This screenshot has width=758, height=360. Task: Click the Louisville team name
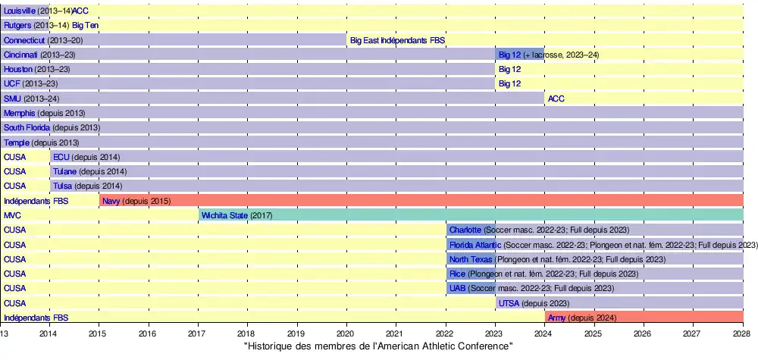19,11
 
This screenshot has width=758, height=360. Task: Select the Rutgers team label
17,25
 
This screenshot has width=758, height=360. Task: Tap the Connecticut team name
24,39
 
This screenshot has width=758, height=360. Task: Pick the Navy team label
111,201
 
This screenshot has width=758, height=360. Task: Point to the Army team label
556,318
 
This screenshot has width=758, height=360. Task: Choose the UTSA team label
509,303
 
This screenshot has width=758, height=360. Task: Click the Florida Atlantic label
475,245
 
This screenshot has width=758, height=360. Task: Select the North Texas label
471,259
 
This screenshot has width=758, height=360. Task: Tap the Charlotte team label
465,230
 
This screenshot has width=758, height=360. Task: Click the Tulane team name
64,171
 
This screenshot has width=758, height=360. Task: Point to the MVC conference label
12,215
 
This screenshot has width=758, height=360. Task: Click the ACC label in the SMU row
556,99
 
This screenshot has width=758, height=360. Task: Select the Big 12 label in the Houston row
509,69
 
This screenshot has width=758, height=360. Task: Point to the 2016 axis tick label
147,333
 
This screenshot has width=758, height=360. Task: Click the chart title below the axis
378,346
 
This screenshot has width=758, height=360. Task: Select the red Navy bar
455,201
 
